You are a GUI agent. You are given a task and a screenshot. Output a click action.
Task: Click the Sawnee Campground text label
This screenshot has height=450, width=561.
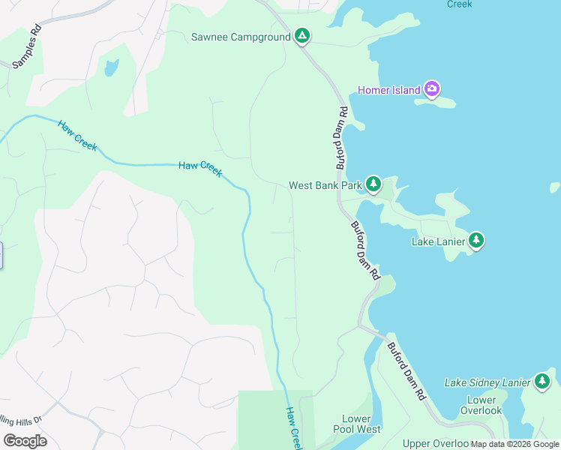(x=239, y=37)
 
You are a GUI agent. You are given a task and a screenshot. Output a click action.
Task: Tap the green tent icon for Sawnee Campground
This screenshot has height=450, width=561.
(x=301, y=36)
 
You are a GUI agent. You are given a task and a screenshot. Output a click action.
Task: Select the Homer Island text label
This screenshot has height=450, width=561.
(x=388, y=91)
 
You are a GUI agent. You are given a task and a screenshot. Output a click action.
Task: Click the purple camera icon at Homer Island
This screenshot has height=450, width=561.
(x=431, y=90)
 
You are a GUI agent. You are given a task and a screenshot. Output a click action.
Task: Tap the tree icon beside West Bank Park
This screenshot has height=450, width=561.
(x=373, y=184)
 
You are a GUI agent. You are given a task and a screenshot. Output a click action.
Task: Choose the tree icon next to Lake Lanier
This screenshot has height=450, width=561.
(x=476, y=241)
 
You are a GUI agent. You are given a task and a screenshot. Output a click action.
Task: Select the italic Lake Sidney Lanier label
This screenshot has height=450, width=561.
(x=487, y=382)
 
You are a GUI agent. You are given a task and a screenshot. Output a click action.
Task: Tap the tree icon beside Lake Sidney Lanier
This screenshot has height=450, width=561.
(x=542, y=382)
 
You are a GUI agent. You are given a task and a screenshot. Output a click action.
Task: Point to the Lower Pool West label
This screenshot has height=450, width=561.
(x=357, y=424)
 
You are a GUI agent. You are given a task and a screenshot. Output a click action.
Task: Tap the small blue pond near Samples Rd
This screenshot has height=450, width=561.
(x=111, y=68)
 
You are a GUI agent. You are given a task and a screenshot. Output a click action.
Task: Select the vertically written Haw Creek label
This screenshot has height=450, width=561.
(x=293, y=428)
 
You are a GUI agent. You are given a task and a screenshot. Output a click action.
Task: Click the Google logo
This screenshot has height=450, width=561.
(x=25, y=441)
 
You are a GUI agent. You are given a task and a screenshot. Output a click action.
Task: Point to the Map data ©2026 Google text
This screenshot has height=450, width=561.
(x=514, y=444)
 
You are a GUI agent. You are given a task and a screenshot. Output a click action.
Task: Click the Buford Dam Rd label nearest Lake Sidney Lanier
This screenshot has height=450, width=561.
(x=406, y=370)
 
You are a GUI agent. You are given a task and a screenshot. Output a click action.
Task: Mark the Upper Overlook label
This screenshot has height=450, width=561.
(x=435, y=444)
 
